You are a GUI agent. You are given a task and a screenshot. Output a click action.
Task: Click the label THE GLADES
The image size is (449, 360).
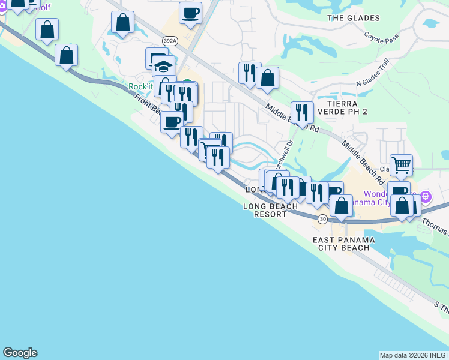coord(353,18)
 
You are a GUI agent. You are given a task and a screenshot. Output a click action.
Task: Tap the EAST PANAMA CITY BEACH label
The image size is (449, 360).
coord(344,244)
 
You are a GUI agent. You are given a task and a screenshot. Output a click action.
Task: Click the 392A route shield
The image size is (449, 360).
coord(170,41)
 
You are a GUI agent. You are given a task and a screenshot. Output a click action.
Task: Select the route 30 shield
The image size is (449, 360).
coord(323,219)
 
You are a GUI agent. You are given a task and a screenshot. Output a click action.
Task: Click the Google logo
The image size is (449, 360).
coord(20,353)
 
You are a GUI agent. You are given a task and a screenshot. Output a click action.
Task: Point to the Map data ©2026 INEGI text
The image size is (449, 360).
coord(413,355)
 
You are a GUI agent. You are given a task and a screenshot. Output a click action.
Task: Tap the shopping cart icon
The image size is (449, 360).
coord(401,164)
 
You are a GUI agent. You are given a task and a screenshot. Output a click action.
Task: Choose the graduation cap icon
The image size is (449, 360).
coord(163,65)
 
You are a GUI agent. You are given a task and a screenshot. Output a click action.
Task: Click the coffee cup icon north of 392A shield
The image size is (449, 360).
coord(191,13)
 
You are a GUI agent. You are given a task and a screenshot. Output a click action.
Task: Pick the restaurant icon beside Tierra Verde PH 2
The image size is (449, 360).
coord(302,112)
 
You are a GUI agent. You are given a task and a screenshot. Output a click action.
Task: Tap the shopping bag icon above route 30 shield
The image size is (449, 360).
coord(341,205)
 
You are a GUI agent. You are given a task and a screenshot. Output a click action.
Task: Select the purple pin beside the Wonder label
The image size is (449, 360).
coord(426,196)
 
